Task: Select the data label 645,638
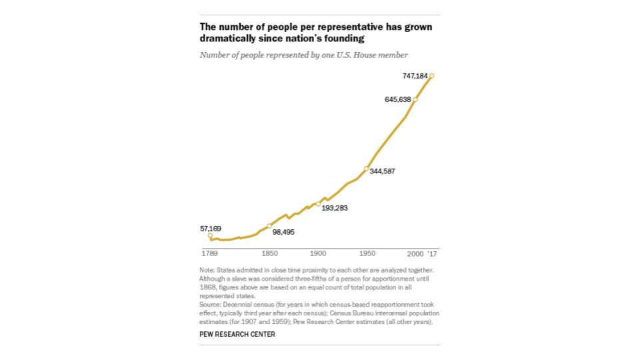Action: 397,99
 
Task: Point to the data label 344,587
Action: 382,171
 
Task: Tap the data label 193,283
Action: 335,208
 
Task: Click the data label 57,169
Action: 211,229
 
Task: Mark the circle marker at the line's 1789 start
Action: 210,235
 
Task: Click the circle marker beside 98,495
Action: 269,225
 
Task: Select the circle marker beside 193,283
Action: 318,203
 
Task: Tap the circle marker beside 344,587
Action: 366,169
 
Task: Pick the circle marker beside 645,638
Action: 415,99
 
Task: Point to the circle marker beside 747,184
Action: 432,76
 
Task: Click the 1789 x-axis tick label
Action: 210,254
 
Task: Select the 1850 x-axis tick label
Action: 269,254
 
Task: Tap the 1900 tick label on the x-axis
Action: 318,254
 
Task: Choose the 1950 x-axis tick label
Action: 366,254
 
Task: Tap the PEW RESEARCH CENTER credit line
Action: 237,334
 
